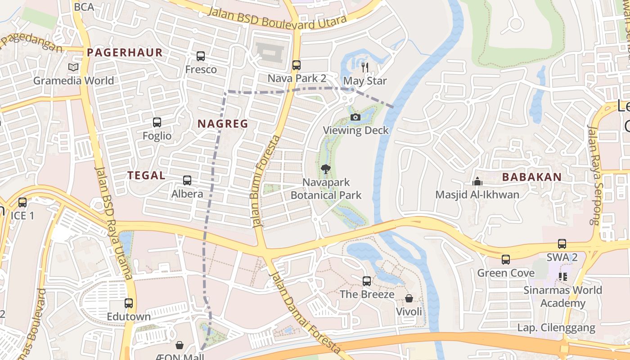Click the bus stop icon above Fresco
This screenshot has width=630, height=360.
201,56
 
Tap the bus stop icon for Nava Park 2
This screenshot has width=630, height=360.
296,65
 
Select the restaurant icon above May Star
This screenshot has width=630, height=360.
365,67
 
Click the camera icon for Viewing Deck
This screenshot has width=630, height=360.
355,117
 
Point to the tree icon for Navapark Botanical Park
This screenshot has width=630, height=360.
325,169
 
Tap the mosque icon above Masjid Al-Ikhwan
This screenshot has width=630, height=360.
477,181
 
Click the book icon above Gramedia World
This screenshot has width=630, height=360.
73,67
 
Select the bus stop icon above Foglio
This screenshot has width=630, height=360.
157,122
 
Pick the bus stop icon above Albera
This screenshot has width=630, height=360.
187,180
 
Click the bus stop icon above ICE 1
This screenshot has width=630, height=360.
22,202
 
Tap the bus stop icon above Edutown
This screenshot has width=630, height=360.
129,303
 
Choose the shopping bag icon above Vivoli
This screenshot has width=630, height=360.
409,298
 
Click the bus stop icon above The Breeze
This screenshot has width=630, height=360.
367,281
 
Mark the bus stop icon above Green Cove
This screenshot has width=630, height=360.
506,260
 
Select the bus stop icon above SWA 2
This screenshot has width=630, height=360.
562,244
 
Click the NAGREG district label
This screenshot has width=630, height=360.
223,124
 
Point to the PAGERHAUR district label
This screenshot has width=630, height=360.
125,52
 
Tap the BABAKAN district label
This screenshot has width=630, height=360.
532,177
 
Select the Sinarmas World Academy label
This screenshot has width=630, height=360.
562,297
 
